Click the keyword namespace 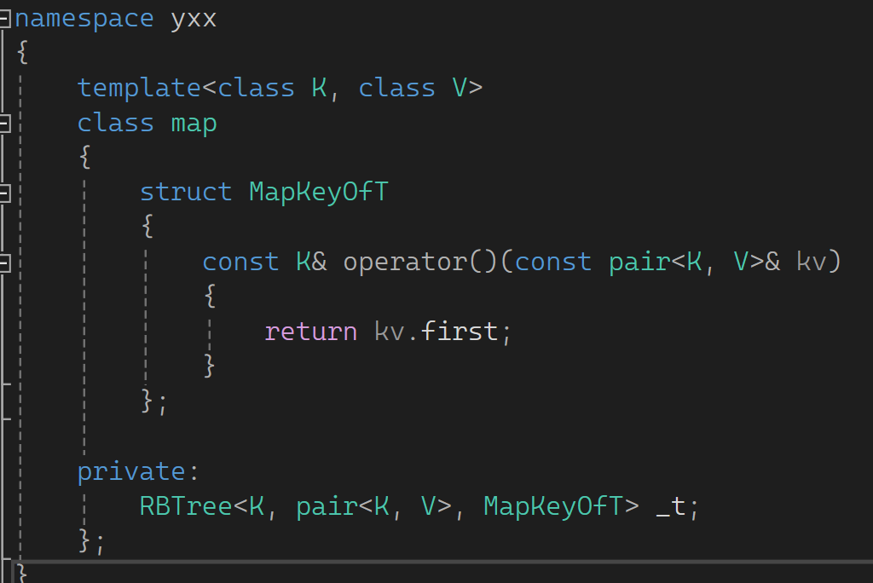84,18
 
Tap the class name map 194,123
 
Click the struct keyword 185,192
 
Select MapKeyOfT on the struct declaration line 318,192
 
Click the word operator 405,262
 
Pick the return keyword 310,331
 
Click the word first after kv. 460,331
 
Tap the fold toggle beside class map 4,124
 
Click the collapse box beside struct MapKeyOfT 4,193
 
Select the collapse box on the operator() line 4,263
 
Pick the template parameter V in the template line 460,88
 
